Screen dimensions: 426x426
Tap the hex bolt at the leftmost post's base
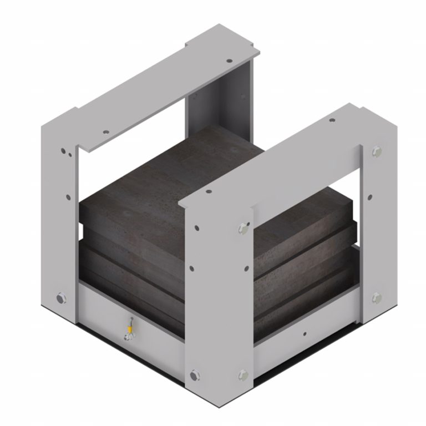pyautogui.click(x=60, y=299)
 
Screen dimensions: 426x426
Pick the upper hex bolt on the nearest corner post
pyautogui.click(x=242, y=227)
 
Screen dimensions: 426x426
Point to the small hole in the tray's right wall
pyautogui.click(x=305, y=334)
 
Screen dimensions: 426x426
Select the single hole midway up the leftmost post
pyautogui.click(x=68, y=197)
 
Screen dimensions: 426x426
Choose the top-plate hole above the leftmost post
pyautogui.click(x=105, y=133)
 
